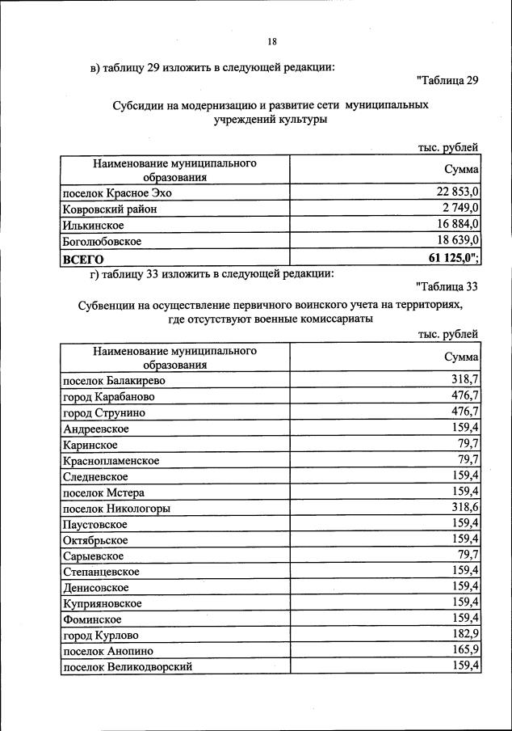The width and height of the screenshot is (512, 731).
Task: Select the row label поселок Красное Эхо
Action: pyautogui.click(x=117, y=193)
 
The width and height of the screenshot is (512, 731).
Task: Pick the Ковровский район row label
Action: pyautogui.click(x=109, y=209)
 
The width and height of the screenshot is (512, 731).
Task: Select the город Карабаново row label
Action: pyautogui.click(x=108, y=397)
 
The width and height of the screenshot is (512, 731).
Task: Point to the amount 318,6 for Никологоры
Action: pyautogui.click(x=466, y=509)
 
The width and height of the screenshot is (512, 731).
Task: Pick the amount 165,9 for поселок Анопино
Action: pyautogui.click(x=466, y=651)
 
